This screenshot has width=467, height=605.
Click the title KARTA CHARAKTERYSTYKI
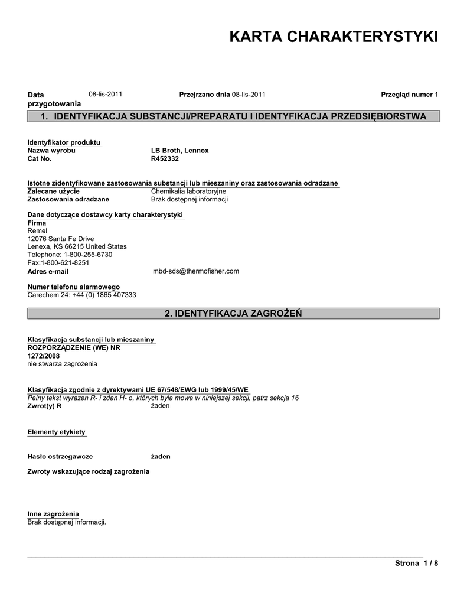click(334, 37)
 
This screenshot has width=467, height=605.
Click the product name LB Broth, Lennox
click(179, 151)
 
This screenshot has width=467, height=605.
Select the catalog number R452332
click(165, 158)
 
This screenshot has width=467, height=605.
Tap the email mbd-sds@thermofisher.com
click(195, 271)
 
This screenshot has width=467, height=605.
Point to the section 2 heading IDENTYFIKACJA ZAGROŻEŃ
click(233, 313)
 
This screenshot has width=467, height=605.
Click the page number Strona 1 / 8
click(416, 564)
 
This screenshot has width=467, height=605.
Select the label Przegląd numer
click(407, 95)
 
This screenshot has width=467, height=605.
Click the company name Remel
click(37, 231)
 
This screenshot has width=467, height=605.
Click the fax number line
click(58, 262)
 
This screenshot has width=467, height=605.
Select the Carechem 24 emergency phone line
click(82, 294)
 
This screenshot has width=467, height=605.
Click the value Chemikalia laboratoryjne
click(188, 191)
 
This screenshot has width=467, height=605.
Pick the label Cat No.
click(40, 158)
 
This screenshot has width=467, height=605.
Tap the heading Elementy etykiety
click(57, 432)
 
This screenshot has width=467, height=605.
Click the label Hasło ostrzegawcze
click(60, 457)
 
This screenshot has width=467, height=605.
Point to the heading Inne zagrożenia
click(53, 514)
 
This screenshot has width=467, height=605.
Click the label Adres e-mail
click(48, 272)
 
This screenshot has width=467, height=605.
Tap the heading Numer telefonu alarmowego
click(73, 287)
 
